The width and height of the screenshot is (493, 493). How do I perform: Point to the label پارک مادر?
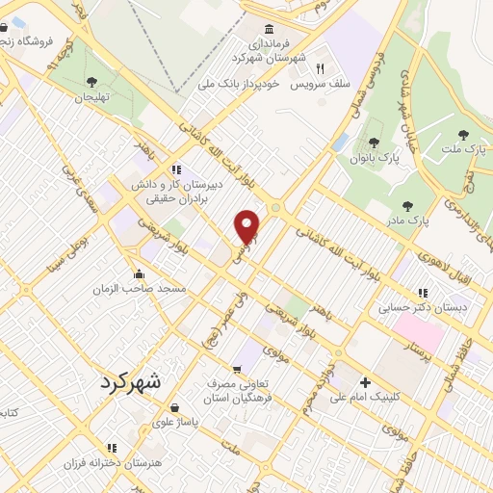click(x=409, y=221)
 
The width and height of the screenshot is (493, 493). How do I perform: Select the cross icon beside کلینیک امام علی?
click(x=365, y=382)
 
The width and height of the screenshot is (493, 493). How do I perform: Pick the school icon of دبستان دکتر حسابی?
click(x=422, y=293)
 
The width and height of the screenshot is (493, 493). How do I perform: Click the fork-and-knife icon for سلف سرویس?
click(x=319, y=68)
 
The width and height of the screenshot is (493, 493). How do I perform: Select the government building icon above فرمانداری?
click(x=268, y=30)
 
